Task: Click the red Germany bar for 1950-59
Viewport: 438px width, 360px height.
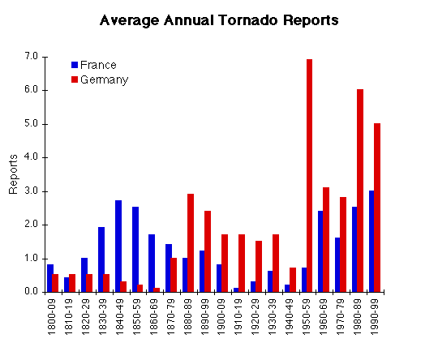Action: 309,176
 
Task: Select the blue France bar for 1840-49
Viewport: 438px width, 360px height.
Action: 118,246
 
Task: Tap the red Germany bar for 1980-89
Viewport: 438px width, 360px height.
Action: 360,191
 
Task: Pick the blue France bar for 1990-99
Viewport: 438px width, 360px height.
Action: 371,242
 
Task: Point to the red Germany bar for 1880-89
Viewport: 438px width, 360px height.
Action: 191,243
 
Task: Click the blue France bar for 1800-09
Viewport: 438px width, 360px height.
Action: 49,278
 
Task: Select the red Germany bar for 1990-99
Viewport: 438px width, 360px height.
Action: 377,208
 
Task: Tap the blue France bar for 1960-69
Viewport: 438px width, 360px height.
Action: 320,251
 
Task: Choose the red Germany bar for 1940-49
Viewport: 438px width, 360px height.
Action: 293,280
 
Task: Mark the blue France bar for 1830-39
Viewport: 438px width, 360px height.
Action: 101,259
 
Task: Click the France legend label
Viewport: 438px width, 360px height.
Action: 98,65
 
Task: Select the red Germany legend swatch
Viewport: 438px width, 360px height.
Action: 75,79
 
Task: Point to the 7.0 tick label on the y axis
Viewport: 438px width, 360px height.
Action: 32,57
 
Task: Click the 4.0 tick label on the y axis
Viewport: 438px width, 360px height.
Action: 32,157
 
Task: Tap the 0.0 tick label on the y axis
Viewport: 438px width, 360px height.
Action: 32,292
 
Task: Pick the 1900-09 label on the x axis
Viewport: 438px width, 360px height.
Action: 221,317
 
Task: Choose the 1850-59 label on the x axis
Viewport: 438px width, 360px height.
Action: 136,317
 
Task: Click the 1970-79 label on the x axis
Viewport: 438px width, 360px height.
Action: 340,317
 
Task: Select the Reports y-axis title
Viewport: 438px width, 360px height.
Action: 13,174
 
